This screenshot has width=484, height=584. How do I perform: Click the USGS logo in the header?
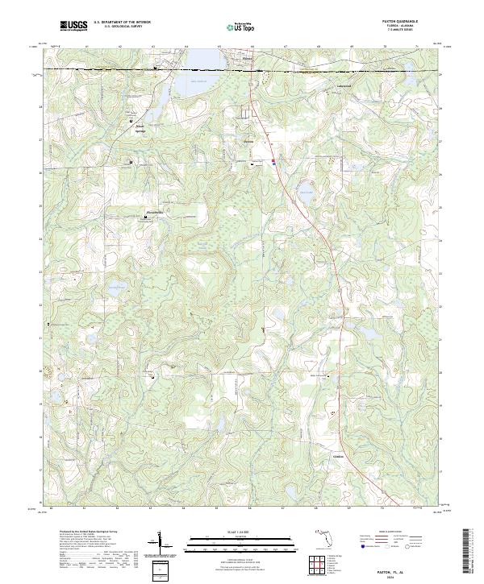[x=73, y=26]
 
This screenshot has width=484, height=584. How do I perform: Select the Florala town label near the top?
[x=248, y=58]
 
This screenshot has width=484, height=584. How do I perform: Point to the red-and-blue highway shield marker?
[x=274, y=162]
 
